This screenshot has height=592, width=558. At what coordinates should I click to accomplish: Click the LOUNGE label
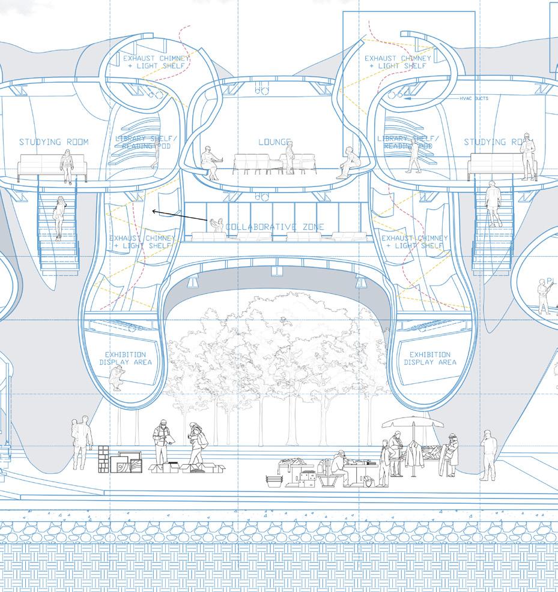coord(274,142)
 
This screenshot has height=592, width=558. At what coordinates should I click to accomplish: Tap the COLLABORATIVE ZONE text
coord(274,227)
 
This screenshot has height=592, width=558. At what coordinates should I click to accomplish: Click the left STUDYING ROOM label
coord(53,142)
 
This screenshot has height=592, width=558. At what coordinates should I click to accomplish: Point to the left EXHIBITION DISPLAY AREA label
coord(126,359)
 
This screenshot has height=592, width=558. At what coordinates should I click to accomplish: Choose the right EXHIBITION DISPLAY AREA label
coord(430,359)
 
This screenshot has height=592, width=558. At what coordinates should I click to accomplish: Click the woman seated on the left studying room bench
coord(67,166)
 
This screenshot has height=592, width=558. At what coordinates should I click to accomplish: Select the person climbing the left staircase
coord(60,218)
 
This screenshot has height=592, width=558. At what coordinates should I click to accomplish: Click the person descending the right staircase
coord(494,204)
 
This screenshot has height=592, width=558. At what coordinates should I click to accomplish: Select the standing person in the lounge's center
coord(290,156)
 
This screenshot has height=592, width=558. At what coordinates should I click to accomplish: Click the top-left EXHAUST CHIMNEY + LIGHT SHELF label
coord(155,62)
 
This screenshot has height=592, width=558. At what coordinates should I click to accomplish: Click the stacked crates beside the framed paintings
coord(104,459)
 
